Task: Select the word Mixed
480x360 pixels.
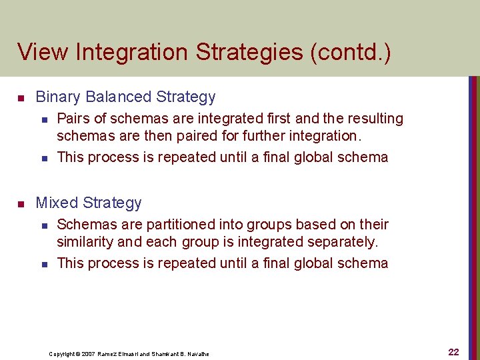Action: [55, 203]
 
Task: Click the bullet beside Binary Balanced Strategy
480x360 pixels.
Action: [21, 98]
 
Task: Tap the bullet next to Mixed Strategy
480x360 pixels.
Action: [21, 203]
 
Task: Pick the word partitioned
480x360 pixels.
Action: [164, 225]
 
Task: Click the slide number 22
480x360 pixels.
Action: [453, 352]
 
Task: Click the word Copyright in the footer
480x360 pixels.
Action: [62, 354]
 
